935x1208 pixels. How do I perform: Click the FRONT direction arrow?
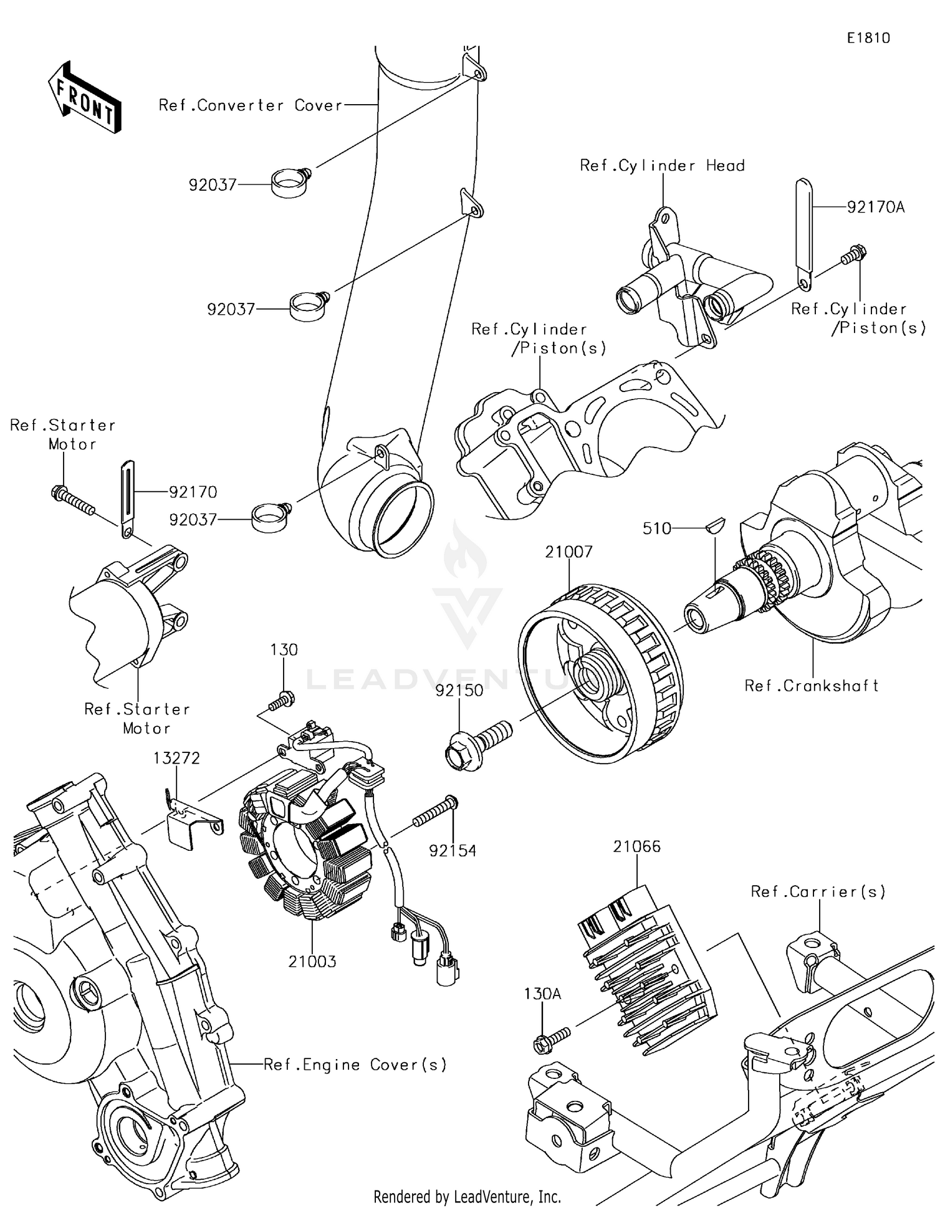tap(84, 97)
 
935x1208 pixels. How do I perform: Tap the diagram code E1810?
tap(868, 38)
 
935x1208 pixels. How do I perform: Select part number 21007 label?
tap(568, 552)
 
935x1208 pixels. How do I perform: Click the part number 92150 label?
tap(459, 691)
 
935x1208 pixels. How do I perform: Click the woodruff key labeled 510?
tap(714, 524)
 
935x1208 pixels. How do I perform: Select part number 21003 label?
tap(312, 962)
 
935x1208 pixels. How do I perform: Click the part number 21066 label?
tap(636, 846)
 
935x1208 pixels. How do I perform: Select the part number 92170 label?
tap(193, 492)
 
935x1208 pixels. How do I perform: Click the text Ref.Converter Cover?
tap(251, 105)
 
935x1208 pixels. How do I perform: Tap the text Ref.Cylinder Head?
tap(662, 166)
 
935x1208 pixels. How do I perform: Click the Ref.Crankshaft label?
tap(812, 686)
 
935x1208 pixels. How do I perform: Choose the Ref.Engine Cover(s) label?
tap(355, 1065)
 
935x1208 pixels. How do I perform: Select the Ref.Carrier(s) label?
tap(818, 892)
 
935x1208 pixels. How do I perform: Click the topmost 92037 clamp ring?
tap(290, 183)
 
